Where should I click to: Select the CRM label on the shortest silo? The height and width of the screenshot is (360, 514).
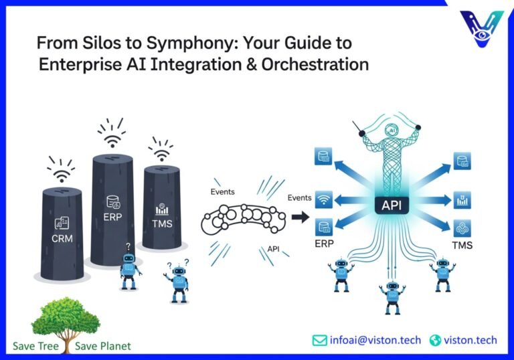click(x=62, y=237)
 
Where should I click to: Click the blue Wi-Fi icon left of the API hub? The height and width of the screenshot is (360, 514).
click(x=324, y=199)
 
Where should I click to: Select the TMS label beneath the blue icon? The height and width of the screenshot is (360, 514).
click(x=461, y=245)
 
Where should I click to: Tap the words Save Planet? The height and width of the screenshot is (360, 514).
click(x=103, y=346)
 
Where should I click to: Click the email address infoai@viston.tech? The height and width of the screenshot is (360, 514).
click(x=375, y=340)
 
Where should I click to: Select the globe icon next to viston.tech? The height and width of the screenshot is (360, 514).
click(x=436, y=340)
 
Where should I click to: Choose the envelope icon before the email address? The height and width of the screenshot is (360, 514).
click(x=320, y=340)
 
